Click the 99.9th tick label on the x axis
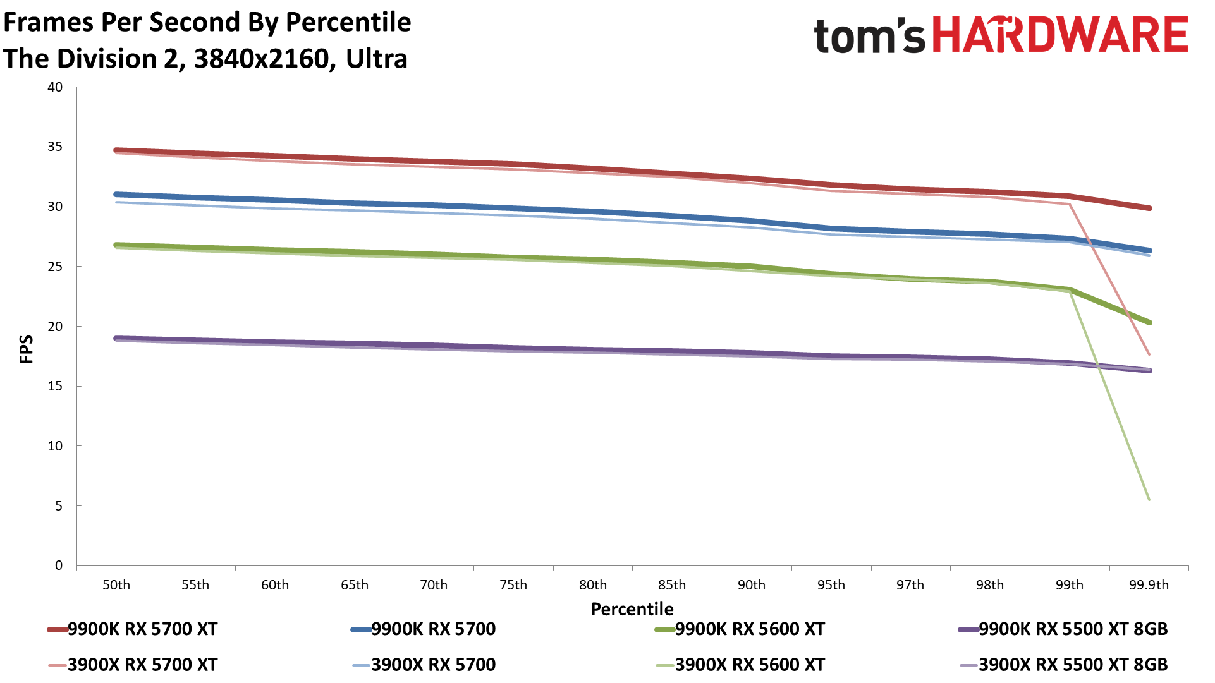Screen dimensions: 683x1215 click(x=1149, y=585)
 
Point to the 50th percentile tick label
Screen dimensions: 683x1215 click(x=116, y=585)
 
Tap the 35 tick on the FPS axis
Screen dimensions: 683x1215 click(x=55, y=147)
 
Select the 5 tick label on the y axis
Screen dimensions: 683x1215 click(x=59, y=506)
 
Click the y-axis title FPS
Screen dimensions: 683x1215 click(x=27, y=349)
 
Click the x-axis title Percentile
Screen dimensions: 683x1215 click(x=632, y=609)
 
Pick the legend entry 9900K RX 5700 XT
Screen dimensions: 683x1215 click(x=142, y=629)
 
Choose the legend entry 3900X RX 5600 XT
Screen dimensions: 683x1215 click(x=750, y=665)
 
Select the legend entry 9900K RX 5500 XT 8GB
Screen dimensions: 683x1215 click(x=1073, y=629)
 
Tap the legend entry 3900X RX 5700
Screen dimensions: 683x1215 click(x=433, y=665)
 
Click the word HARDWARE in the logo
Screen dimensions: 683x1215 click(x=1060, y=35)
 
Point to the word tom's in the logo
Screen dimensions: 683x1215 click(x=869, y=37)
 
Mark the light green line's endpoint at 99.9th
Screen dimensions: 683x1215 click(x=1149, y=500)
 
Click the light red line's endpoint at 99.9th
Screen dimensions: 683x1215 click(x=1149, y=354)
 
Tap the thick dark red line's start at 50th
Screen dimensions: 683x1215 click(x=117, y=150)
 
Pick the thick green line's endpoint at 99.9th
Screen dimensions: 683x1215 click(x=1149, y=323)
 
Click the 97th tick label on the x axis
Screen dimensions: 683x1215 click(x=910, y=585)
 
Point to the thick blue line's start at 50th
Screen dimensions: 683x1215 click(x=117, y=195)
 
